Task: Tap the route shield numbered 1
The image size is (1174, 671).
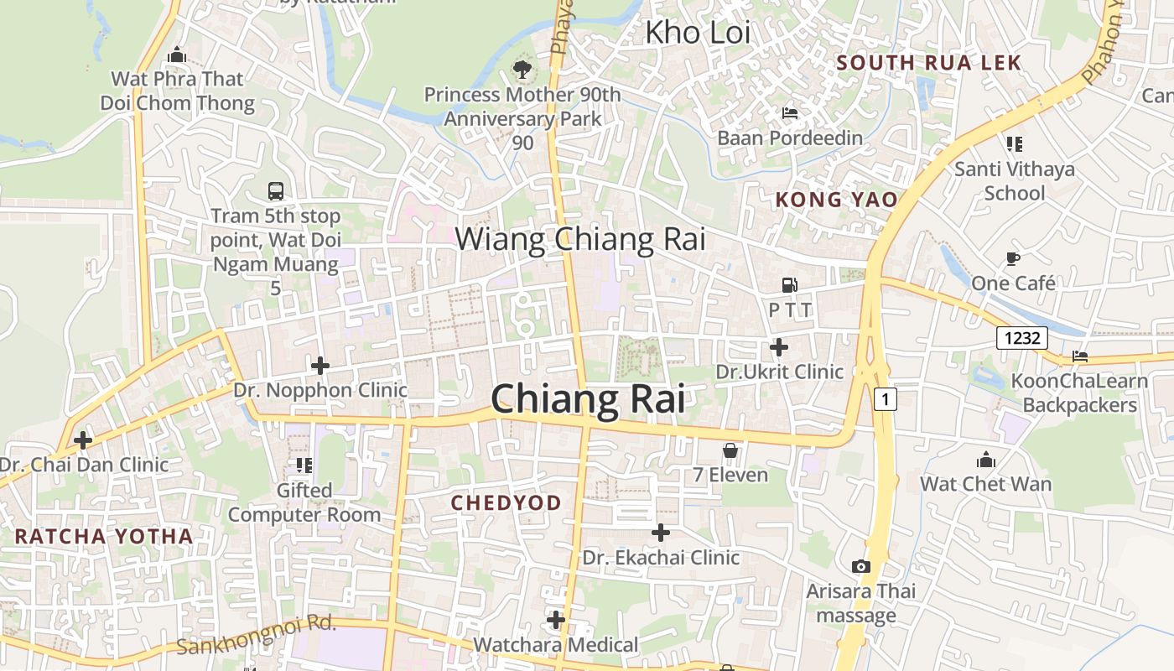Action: (885, 399)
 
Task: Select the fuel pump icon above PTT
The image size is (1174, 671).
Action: (789, 285)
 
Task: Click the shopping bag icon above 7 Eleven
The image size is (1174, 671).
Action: (730, 451)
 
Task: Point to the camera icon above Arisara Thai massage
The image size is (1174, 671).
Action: (860, 567)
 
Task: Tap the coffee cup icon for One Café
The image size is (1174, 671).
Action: (1013, 258)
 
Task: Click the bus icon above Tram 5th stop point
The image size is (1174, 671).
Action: (275, 191)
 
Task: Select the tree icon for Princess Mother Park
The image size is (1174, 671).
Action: (522, 69)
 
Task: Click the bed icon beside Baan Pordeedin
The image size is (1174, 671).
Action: (789, 113)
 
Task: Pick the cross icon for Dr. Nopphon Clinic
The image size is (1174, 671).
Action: (319, 366)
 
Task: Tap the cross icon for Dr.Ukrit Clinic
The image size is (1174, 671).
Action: (779, 346)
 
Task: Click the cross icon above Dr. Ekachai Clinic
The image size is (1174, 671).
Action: (661, 533)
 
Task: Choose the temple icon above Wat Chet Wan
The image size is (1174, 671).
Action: (985, 460)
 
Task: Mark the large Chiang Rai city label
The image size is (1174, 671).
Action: (587, 399)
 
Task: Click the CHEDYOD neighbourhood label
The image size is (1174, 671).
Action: (506, 502)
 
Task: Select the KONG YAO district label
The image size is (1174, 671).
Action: (836, 200)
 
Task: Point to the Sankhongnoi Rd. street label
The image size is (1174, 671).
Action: (256, 635)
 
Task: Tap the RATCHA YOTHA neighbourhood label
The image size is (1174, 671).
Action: (104, 536)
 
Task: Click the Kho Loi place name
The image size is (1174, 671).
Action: (697, 33)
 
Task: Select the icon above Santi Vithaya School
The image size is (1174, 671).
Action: (1014, 144)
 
